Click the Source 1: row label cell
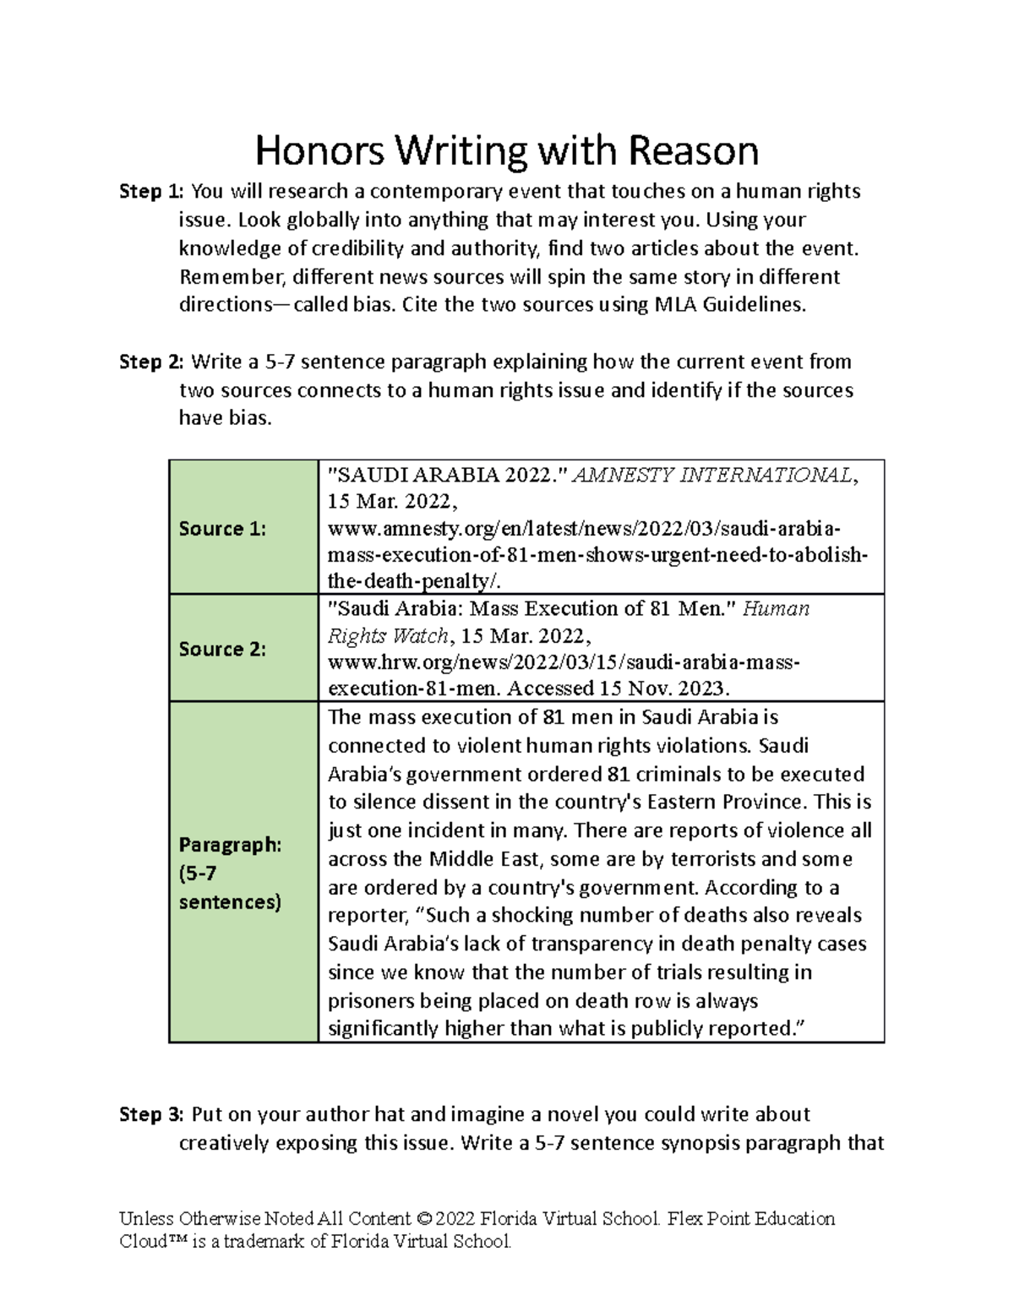pos(222,529)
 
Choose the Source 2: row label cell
pos(222,649)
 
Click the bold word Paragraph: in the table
pos(229,845)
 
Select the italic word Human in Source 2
pos(776,609)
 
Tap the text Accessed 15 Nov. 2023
pos(618,689)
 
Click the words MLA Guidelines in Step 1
pos(729,305)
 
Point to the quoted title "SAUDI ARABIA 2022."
pos(447,476)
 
